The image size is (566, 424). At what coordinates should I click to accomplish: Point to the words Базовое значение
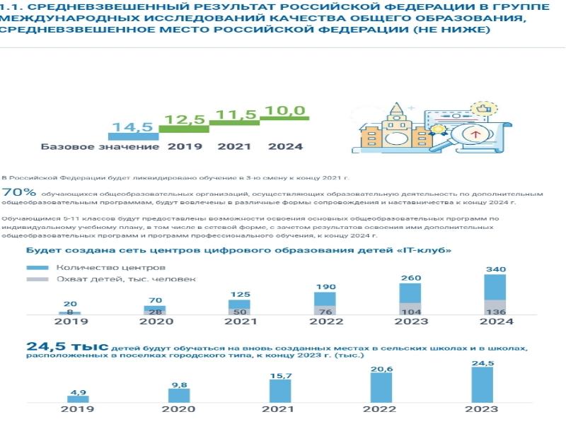tap(100, 147)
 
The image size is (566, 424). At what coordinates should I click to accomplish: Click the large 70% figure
tap(19, 192)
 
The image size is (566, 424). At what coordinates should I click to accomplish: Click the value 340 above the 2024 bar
tap(495, 269)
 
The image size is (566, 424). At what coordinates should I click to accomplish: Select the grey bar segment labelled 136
tap(495, 307)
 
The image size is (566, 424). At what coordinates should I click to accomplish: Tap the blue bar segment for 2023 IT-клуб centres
tap(410, 293)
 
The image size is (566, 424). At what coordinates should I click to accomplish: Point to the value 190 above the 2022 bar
tap(325, 287)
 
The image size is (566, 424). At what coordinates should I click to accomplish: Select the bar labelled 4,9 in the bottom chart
tap(78, 399)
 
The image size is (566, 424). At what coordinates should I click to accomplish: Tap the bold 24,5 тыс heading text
tap(67, 346)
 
